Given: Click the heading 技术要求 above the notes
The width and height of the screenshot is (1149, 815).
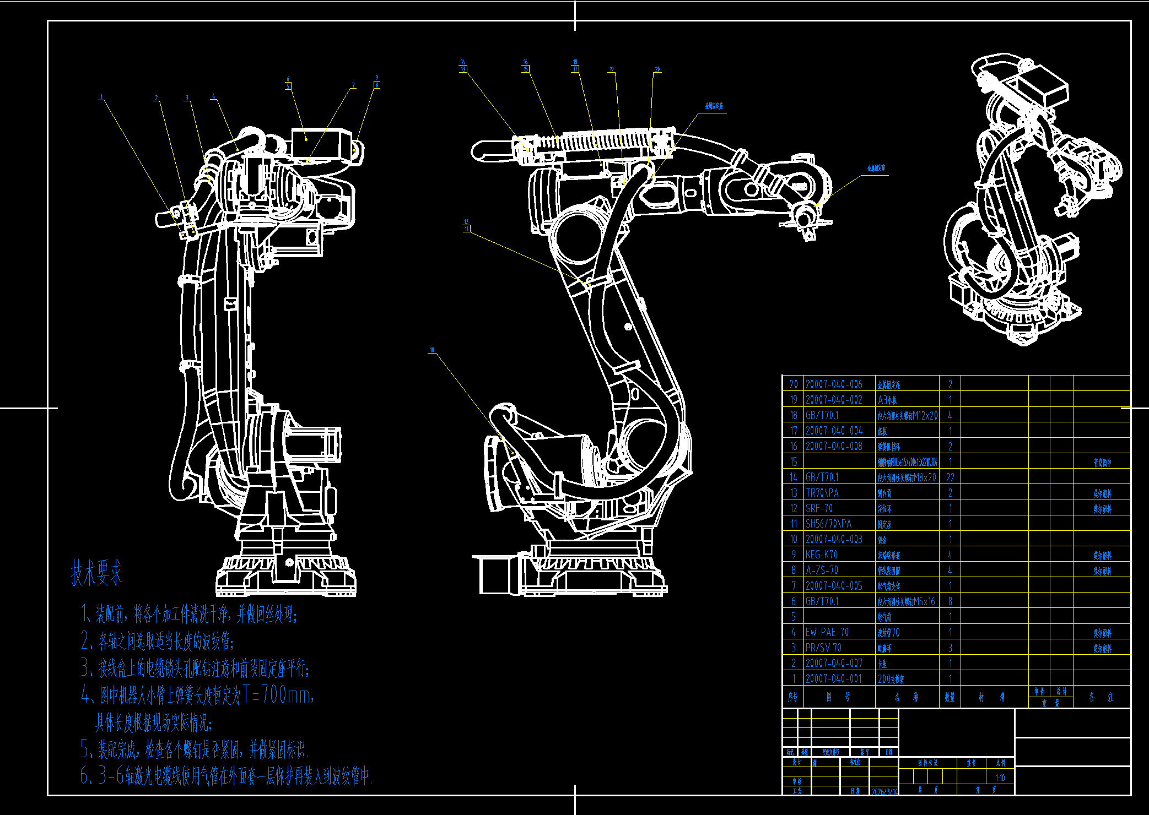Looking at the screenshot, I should [96, 573].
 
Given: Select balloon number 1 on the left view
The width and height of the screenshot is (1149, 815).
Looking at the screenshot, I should [101, 97].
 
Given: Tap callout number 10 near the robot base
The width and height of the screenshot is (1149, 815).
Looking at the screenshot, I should [432, 350].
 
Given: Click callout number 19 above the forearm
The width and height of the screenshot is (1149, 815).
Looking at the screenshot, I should [611, 70].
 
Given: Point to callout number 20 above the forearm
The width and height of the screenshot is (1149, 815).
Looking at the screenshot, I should [657, 70].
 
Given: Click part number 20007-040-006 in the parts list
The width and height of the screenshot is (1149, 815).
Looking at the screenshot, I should [834, 384].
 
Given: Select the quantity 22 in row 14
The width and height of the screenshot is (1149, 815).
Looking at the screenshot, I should [950, 477].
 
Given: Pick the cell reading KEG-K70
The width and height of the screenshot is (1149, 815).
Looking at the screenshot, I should [821, 555].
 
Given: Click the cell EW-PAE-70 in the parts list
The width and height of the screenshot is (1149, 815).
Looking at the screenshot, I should [827, 632].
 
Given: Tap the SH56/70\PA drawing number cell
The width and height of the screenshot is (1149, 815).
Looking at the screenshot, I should [828, 524].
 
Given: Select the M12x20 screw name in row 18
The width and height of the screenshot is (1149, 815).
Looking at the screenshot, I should [908, 416].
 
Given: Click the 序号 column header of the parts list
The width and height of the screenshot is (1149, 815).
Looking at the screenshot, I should [793, 697].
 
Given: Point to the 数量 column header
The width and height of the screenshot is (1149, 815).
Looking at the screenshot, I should [950, 697].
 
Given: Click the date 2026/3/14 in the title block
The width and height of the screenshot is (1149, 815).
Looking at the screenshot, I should [884, 791].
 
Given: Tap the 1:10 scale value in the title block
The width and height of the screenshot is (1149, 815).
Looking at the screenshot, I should [1000, 778].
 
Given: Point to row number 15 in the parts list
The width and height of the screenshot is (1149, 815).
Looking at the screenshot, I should [794, 461].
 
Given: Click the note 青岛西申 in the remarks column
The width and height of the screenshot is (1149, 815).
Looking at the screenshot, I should [1102, 463].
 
